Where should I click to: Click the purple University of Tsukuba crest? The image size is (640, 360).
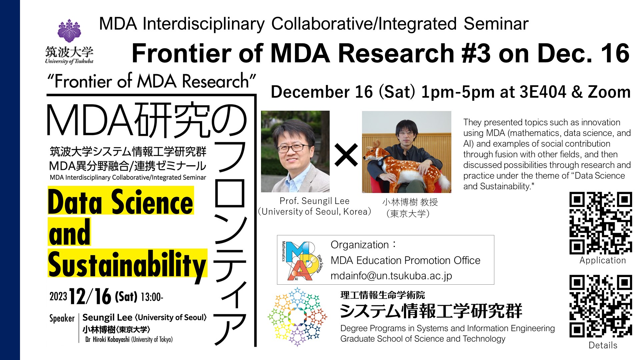(x=69, y=31)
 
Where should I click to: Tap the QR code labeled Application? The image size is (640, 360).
(x=601, y=223)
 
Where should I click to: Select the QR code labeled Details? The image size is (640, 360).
(x=601, y=306)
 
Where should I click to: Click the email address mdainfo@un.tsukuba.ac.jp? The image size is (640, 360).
(x=391, y=276)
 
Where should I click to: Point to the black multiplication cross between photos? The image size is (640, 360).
(x=346, y=155)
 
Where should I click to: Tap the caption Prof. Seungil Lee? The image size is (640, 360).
(x=314, y=201)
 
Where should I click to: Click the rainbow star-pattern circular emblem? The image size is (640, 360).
(x=297, y=317)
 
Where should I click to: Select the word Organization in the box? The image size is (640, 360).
(x=360, y=245)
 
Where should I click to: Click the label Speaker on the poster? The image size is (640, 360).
(x=62, y=318)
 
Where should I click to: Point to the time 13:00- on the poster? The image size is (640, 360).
(x=152, y=297)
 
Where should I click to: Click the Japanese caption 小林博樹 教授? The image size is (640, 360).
(x=410, y=202)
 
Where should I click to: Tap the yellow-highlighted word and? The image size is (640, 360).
(x=69, y=232)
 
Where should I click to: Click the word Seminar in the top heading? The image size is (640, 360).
(x=496, y=24)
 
